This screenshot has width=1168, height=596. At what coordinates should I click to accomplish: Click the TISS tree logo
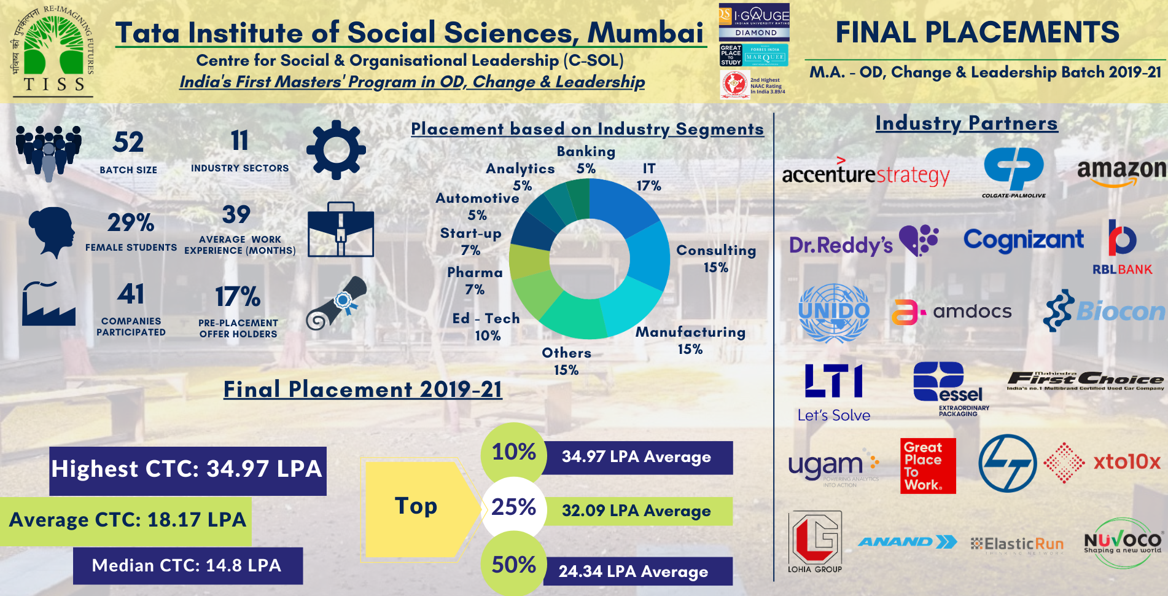(52, 50)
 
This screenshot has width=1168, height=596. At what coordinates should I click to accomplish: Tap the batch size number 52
(128, 143)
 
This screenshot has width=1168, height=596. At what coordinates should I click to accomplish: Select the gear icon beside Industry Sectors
(336, 150)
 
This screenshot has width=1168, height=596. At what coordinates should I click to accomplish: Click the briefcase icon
(340, 230)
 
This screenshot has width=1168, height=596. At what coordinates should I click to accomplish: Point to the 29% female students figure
(130, 222)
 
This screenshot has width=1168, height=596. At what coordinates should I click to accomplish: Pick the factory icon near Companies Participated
(49, 304)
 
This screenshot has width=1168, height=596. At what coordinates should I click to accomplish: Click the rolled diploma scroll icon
(337, 303)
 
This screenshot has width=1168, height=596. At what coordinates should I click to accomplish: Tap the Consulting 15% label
(716, 259)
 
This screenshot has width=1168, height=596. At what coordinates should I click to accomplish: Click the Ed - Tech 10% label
(486, 327)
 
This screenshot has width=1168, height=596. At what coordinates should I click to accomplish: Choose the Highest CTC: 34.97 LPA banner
(187, 470)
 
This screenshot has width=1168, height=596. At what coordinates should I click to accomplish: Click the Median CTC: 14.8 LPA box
(187, 566)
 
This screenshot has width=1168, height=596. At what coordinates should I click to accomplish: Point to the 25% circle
(514, 508)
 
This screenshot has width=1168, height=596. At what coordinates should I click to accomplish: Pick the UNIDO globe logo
(833, 312)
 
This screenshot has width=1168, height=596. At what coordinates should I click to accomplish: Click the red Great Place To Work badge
(928, 466)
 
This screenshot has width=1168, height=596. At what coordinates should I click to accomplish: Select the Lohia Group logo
(815, 541)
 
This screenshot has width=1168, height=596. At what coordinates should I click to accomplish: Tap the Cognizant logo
(1023, 240)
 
